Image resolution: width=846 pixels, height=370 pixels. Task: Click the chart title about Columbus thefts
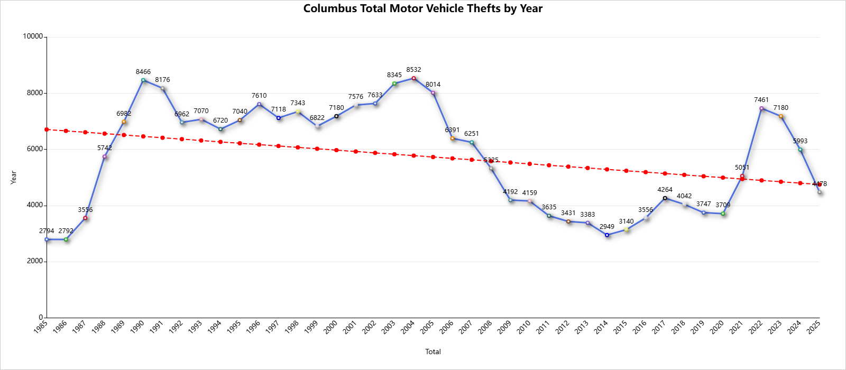(x=422, y=8)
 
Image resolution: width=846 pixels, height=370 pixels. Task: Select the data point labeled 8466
(x=143, y=80)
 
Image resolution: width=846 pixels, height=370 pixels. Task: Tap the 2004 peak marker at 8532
(x=413, y=78)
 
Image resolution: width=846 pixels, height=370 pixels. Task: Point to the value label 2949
(x=607, y=227)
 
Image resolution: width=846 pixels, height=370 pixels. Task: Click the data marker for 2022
(x=761, y=108)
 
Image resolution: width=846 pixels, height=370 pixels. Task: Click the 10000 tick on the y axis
(x=33, y=36)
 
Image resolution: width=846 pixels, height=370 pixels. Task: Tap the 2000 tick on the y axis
(x=35, y=261)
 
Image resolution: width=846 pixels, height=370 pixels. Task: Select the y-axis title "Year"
(x=14, y=177)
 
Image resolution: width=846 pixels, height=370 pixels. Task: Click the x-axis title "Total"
(x=433, y=351)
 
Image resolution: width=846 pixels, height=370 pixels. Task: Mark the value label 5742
(x=105, y=148)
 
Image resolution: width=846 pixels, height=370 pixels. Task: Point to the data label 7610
(x=259, y=96)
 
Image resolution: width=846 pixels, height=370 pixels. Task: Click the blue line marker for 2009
(x=510, y=200)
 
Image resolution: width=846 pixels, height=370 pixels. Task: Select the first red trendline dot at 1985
(x=47, y=129)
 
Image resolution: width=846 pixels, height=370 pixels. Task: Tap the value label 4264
(x=665, y=190)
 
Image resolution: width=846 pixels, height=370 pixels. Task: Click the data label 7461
(x=761, y=100)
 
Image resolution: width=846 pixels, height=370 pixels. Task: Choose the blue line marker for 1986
(x=66, y=239)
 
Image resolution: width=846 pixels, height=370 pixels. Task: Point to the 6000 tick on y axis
(x=35, y=149)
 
